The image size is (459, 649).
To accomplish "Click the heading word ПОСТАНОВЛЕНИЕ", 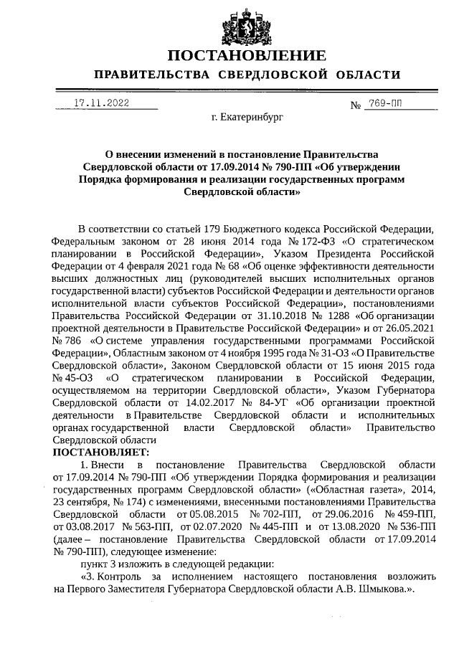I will (x=247, y=56).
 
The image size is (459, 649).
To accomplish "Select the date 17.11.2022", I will (x=101, y=103).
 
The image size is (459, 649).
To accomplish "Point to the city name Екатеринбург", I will (x=247, y=116).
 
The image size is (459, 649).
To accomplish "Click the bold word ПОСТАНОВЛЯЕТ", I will (x=100, y=452).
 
